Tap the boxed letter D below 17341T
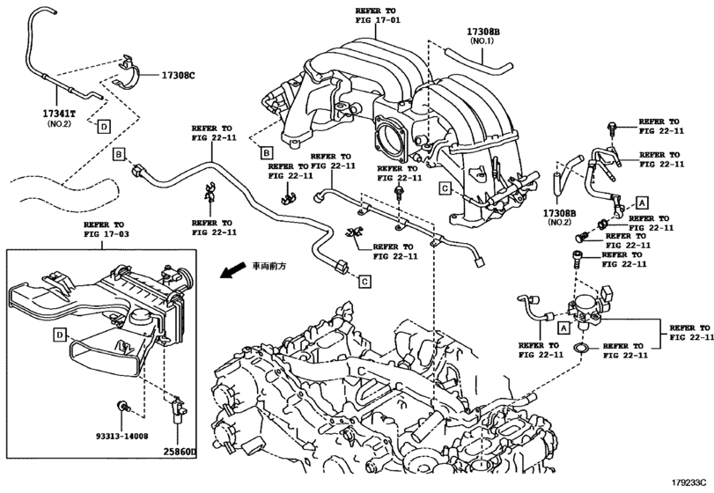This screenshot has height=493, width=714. [x=104, y=127]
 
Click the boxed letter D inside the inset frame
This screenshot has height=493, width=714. [x=59, y=335]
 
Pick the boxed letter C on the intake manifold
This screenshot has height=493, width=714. [x=446, y=188]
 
